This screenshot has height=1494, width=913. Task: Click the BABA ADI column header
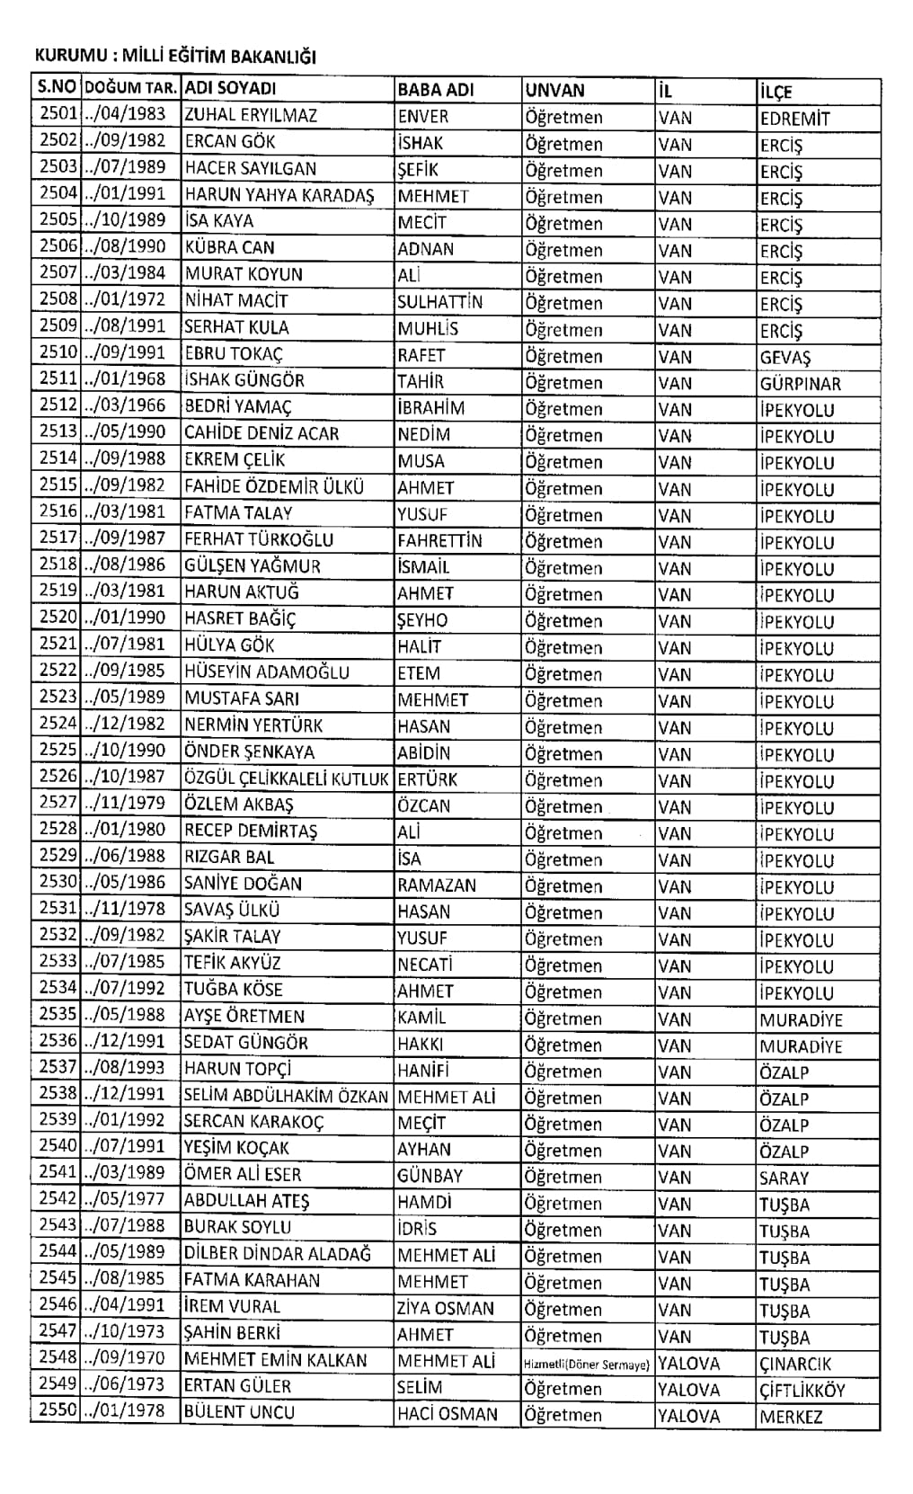pos(435,90)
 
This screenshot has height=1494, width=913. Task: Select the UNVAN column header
pos(554,90)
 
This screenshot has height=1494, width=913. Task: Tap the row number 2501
pos(58,115)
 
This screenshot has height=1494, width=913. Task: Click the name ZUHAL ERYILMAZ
pos(251,116)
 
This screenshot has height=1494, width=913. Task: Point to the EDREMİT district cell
pos(794,119)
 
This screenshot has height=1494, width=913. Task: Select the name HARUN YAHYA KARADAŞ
pos(279,195)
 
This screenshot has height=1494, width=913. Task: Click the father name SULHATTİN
pos(439,302)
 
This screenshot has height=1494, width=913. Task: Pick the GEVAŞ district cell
pos(785,357)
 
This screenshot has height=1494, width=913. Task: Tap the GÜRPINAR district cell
pos(800,384)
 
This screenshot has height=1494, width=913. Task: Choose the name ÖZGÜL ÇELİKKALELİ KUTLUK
pos(286,778)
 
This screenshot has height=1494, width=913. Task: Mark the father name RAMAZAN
pos(437,885)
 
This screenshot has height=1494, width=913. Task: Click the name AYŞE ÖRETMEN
pos(244,1017)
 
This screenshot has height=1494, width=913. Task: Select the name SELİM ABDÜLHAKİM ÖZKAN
pos(286,1096)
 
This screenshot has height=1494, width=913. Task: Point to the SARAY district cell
pos(784,1178)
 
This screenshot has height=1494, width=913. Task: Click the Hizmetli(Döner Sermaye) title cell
pos(586,1365)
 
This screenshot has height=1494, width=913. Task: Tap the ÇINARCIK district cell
pos(795,1364)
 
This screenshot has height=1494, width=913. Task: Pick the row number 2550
pos(58,1411)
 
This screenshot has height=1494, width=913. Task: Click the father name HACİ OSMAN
pos(447,1414)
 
